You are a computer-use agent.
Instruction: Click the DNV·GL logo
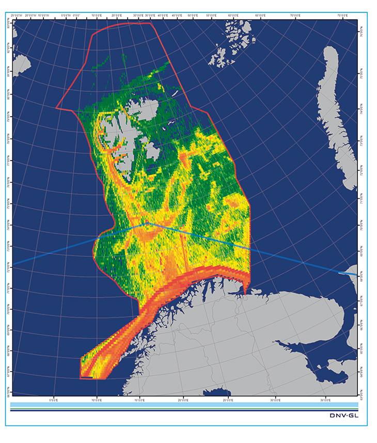pyautogui.click(x=346, y=415)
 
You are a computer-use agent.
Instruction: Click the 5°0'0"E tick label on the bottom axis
pyautogui.click(x=53, y=399)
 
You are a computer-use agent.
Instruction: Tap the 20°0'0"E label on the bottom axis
pyautogui.click(x=183, y=399)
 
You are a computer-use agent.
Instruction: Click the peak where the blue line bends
pyautogui.click(x=147, y=223)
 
